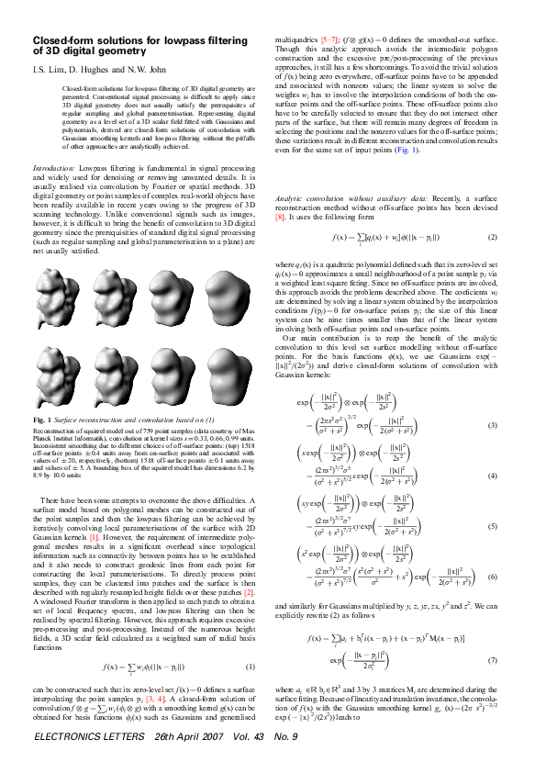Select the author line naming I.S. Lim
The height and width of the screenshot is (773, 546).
point(90,69)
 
